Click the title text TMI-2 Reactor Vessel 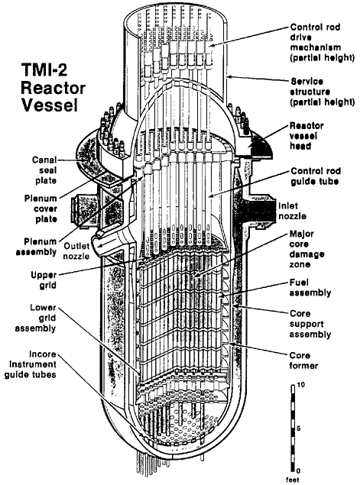pos(53,88)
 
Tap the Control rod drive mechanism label pos(322,42)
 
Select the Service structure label pos(322,92)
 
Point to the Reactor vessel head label pos(306,136)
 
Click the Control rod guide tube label pos(316,176)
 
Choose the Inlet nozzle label pos(292,211)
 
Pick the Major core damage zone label pos(306,249)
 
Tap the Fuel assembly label pos(310,288)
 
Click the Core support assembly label pos(310,324)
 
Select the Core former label pos(303,361)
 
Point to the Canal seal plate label pos(45,170)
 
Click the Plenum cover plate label pos(41,209)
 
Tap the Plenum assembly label pos(36,247)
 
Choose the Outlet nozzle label pos(76,251)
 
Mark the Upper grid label pos(44,280)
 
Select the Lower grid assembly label pos(36,318)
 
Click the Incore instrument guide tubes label pos(31,364)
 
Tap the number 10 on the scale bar pos(301,385)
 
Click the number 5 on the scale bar pos(299,428)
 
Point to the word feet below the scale pos(293,480)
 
